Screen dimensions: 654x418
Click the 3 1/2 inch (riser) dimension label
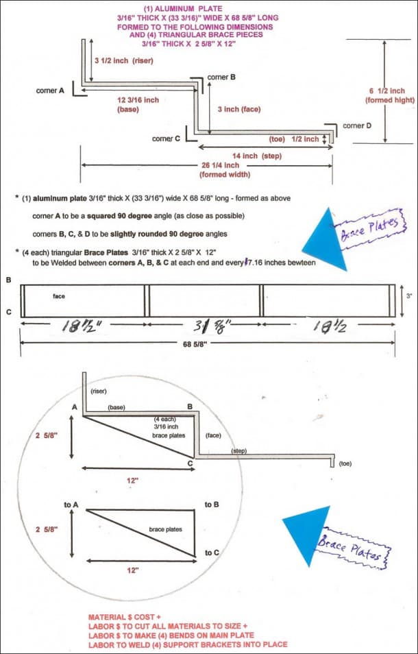[123, 60]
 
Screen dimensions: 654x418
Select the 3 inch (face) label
[238, 109]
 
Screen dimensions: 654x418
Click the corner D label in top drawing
[357, 125]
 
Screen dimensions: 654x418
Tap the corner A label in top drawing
[50, 90]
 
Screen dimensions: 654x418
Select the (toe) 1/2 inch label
[294, 139]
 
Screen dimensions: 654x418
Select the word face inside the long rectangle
[58, 295]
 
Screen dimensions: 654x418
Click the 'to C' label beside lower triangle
[212, 553]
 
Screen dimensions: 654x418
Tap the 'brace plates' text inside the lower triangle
[165, 529]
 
